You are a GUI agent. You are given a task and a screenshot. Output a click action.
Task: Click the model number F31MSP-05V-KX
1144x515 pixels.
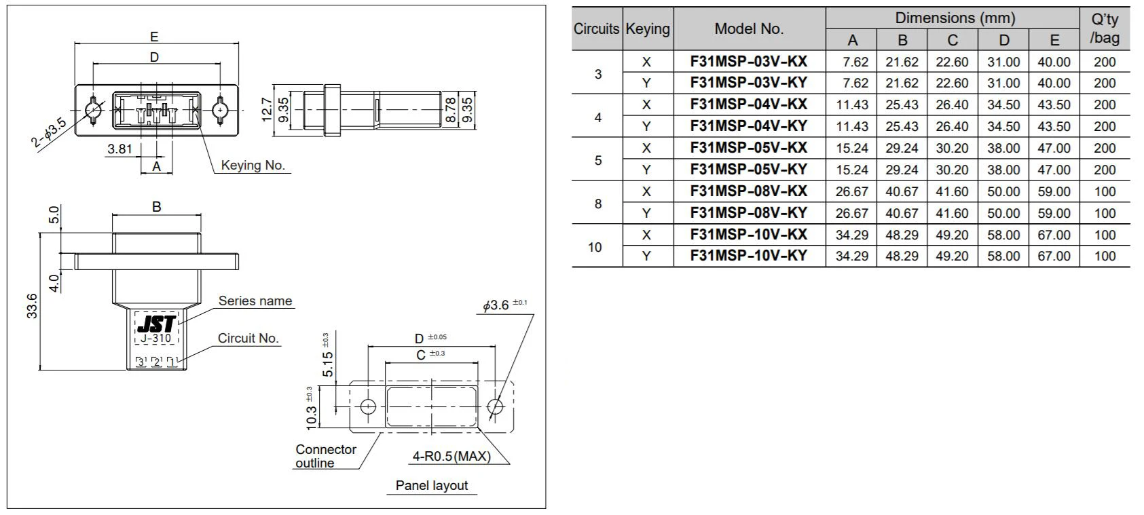pyautogui.click(x=749, y=148)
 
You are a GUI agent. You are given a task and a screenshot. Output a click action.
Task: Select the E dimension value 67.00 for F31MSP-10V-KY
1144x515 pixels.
pyautogui.click(x=1054, y=256)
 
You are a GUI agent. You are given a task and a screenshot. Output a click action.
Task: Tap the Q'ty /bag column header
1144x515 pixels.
pyautogui.click(x=1105, y=28)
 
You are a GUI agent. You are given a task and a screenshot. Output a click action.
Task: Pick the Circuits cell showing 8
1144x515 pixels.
pyautogui.click(x=597, y=203)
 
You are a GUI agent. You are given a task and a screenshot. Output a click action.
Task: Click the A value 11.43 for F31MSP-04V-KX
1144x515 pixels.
pyautogui.click(x=851, y=105)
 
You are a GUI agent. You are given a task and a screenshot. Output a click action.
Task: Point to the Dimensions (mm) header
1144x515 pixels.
pyautogui.click(x=955, y=18)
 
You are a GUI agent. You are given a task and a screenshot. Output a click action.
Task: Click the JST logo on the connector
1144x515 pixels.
pyautogui.click(x=157, y=324)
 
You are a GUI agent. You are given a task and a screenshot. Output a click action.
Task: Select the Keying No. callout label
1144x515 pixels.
pyautogui.click(x=253, y=166)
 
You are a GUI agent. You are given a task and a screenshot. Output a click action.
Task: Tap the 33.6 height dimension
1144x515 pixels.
pyautogui.click(x=32, y=305)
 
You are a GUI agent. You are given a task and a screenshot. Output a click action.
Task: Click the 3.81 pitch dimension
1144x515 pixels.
pyautogui.click(x=119, y=149)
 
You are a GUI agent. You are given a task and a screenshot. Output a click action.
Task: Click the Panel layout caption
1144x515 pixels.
pyautogui.click(x=432, y=486)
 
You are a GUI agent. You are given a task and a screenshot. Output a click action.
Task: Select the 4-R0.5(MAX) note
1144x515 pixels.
pyautogui.click(x=451, y=457)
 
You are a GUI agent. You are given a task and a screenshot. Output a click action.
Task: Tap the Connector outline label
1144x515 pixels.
pyautogui.click(x=325, y=456)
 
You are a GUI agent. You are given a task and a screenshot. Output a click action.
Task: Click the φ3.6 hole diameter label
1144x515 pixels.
pyautogui.click(x=503, y=305)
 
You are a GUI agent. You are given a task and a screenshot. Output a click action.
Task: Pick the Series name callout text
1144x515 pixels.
pyautogui.click(x=255, y=301)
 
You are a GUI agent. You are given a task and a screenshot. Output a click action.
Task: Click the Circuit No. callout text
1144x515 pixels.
pyautogui.click(x=248, y=338)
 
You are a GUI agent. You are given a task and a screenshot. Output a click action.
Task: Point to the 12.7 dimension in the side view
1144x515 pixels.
pyautogui.click(x=267, y=109)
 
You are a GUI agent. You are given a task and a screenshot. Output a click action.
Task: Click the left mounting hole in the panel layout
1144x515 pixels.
pyautogui.click(x=367, y=406)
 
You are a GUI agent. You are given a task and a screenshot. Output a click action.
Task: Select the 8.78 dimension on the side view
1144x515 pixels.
pyautogui.click(x=451, y=109)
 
